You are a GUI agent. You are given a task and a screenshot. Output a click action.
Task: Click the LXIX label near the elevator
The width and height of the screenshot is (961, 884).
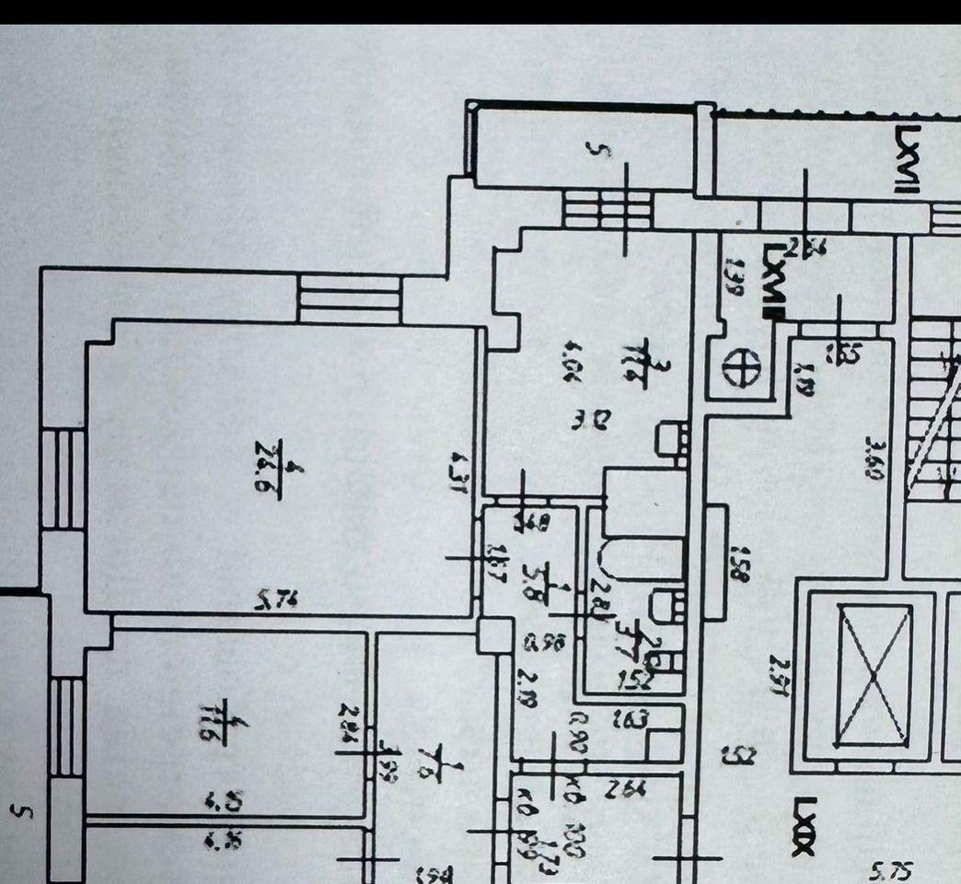pos(804,826)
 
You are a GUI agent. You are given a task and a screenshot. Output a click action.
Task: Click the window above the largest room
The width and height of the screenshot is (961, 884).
pos(351,298)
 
